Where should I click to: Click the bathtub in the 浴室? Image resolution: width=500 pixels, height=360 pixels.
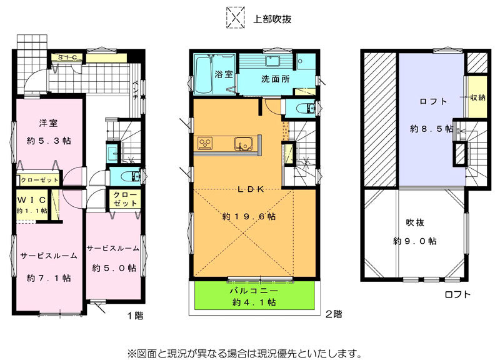tap(204, 74)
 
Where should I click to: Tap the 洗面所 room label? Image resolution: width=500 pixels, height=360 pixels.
tap(275, 79)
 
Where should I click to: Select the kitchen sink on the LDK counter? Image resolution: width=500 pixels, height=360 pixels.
tap(243, 144)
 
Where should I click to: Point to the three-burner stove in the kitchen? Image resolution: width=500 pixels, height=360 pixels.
tap(205, 143)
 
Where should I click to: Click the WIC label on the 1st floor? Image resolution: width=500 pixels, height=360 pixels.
tap(32, 200)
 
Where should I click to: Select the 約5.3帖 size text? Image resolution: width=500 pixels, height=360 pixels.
tap(49, 141)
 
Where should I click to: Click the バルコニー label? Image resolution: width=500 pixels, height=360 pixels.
tap(254, 291)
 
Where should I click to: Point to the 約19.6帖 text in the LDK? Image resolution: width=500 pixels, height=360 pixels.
tap(249, 217)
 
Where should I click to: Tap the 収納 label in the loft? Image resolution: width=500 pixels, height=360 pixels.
tap(477, 98)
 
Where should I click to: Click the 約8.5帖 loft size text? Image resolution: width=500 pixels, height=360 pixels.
tap(431, 129)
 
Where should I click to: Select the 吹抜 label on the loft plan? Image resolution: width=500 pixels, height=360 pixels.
tap(415, 222)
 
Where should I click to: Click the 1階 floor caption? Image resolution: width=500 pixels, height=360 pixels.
tap(135, 316)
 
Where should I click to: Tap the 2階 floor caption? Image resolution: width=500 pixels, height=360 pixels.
tap(334, 314)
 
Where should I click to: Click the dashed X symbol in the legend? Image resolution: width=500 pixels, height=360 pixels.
tap(236, 17)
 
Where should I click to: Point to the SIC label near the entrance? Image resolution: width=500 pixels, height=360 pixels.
tap(67, 57)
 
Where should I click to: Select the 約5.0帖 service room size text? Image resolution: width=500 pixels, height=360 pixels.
tap(114, 268)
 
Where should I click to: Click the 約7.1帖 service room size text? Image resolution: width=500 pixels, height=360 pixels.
tap(49, 278)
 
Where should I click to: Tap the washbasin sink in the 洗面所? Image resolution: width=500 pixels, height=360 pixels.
tap(272, 61)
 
